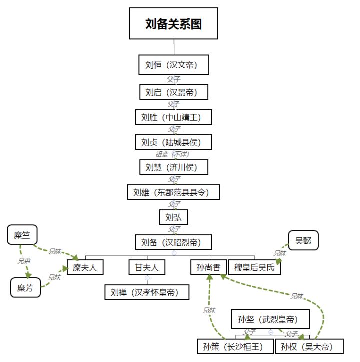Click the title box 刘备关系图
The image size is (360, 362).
pos(173,23)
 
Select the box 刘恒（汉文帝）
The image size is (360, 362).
pos(173,65)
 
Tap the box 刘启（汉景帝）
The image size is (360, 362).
pos(173,92)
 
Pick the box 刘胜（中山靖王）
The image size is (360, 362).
pos(173,117)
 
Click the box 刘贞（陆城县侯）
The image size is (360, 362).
pos(173,142)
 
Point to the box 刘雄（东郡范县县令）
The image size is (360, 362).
pos(173,192)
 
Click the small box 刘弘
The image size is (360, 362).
pos(173,217)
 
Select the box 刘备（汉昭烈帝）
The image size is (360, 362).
pos(173,242)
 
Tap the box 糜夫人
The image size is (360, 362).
pos(85,267)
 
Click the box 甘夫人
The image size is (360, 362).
pos(147,267)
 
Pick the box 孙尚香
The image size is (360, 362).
pos(209,267)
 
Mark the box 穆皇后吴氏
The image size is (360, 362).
pos(254,267)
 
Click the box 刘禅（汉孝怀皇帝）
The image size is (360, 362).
pos(147,292)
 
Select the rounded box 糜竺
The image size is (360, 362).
pos(22,235)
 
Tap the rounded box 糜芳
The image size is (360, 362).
pos(25,288)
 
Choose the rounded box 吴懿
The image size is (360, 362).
pos(303,240)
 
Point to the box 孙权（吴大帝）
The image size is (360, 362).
pos(309,346)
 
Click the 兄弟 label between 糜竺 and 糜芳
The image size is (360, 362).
pos(24,261)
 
